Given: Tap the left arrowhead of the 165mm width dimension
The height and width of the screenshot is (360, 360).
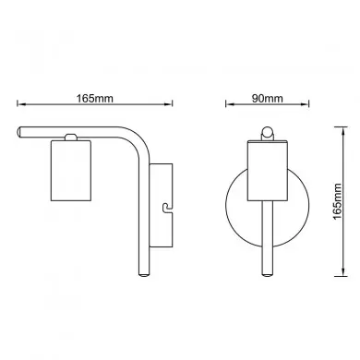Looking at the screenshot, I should (x=21, y=103).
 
